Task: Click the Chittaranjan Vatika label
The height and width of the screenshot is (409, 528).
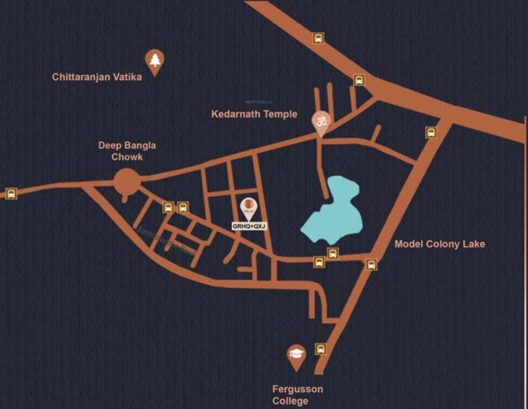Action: [97, 77]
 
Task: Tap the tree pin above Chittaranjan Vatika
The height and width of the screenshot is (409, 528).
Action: [155, 60]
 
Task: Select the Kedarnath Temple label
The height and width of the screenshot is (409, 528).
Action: [254, 114]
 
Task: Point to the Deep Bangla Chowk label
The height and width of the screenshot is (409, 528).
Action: [127, 151]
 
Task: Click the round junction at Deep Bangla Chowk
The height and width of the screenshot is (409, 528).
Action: [127, 182]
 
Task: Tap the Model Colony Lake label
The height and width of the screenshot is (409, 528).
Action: [440, 244]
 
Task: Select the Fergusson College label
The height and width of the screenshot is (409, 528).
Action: [298, 395]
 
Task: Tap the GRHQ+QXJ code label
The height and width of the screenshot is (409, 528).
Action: [248, 226]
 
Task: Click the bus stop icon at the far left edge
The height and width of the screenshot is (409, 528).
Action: [11, 193]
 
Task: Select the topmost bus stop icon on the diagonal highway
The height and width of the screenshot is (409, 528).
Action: [318, 38]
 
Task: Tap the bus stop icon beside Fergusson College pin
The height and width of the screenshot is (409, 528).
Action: [320, 349]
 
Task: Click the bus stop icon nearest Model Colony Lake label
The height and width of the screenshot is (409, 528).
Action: [371, 264]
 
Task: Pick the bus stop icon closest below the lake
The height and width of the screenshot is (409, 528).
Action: [333, 253]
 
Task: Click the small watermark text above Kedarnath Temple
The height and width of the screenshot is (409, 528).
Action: [258, 101]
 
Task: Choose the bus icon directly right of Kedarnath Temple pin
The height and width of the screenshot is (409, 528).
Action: [432, 132]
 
